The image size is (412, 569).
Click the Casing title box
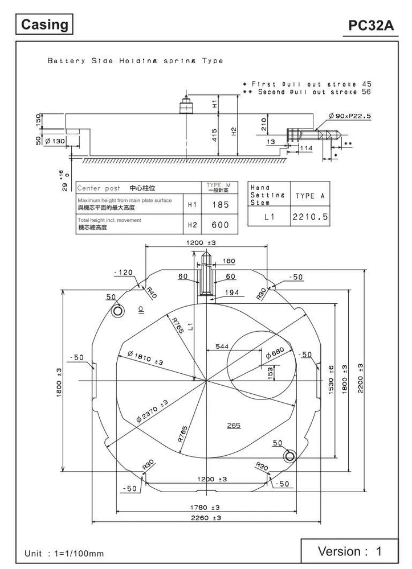[45, 25]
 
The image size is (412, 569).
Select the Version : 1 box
[349, 551]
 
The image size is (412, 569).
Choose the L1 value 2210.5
[309, 217]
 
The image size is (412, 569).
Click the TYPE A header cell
[309, 196]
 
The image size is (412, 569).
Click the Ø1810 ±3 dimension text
[145, 358]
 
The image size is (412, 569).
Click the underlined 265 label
[234, 425]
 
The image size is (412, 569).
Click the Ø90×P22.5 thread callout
[349, 116]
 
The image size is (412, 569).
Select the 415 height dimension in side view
[214, 134]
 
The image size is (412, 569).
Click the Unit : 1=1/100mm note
[64, 553]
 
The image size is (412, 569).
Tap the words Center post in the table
[98, 188]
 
